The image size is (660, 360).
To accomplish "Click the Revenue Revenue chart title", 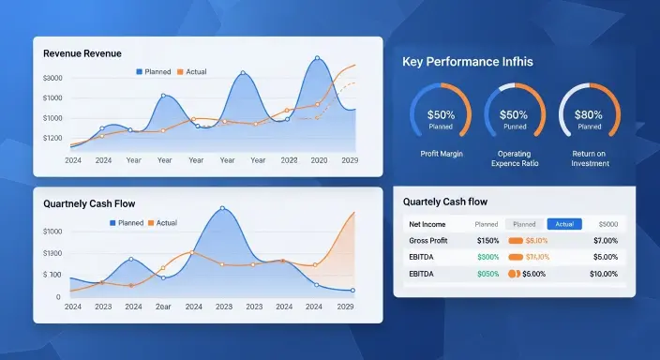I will click(82, 54).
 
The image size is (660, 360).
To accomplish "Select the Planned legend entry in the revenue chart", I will click(157, 72).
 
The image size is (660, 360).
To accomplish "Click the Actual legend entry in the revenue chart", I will click(191, 72).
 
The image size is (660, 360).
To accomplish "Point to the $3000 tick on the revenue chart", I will click(52, 78).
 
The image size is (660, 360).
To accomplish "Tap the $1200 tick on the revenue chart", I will click(52, 137).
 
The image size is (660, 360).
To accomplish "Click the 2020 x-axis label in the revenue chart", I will click(319, 160).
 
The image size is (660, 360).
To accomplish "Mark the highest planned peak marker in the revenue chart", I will click(317, 58).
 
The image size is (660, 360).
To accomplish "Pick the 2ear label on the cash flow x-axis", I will click(164, 307).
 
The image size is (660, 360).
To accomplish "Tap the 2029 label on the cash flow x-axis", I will click(346, 307).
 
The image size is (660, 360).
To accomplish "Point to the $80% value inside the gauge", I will click(589, 114).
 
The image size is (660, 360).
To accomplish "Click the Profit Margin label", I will click(441, 152).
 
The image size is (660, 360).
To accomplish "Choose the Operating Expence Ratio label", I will click(515, 157).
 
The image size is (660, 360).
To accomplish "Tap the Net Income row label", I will click(427, 225).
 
